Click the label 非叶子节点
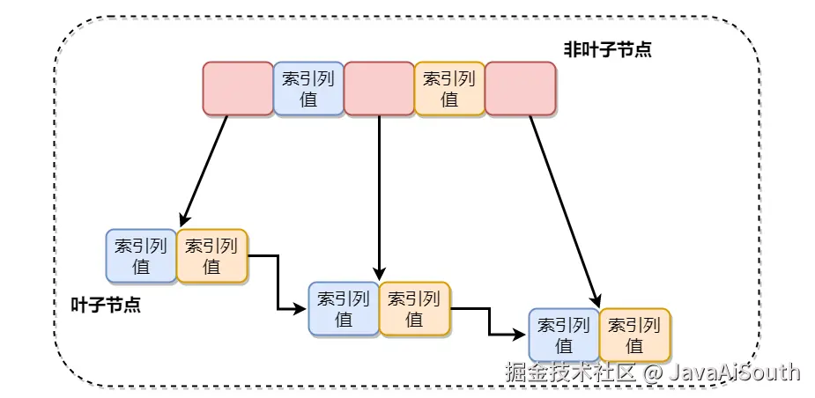(x=607, y=49)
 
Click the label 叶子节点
(x=106, y=306)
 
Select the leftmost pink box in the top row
(x=238, y=88)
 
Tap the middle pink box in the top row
(x=379, y=88)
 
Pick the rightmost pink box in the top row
(x=520, y=88)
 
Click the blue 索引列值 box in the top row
(x=308, y=88)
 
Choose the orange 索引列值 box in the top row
(x=449, y=88)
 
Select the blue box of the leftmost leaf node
(x=141, y=256)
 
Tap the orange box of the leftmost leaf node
(x=212, y=256)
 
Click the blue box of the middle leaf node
(x=344, y=308)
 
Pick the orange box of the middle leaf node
(x=414, y=308)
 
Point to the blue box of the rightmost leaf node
(x=564, y=335)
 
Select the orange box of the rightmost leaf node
(x=634, y=335)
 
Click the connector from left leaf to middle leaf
(x=278, y=282)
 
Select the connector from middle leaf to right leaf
(x=489, y=322)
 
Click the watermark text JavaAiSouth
(x=734, y=372)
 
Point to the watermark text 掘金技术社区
(x=570, y=372)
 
